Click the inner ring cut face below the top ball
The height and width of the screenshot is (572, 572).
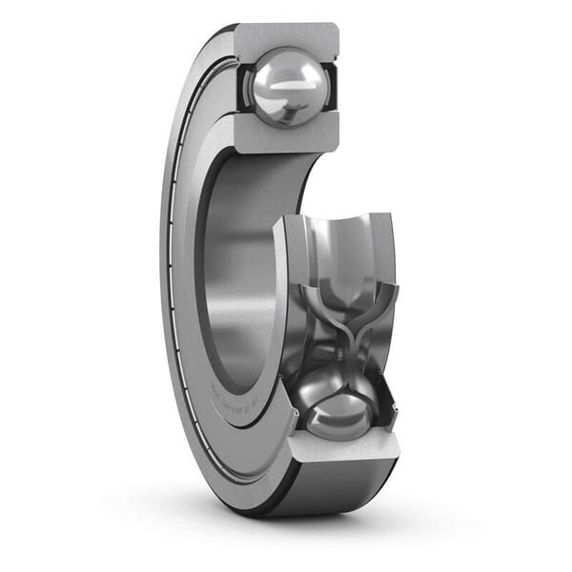point(286,139)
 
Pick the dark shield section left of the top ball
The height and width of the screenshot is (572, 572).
point(240,91)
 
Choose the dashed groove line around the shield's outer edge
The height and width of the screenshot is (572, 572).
point(169,286)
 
